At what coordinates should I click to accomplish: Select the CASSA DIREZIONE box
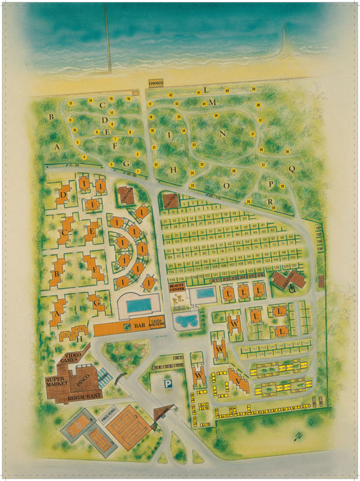[x=156, y=322]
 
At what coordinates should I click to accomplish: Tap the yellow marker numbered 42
[x=171, y=95]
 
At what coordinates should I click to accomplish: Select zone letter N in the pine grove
[x=223, y=133]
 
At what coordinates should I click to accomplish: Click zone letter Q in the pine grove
[x=292, y=169]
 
